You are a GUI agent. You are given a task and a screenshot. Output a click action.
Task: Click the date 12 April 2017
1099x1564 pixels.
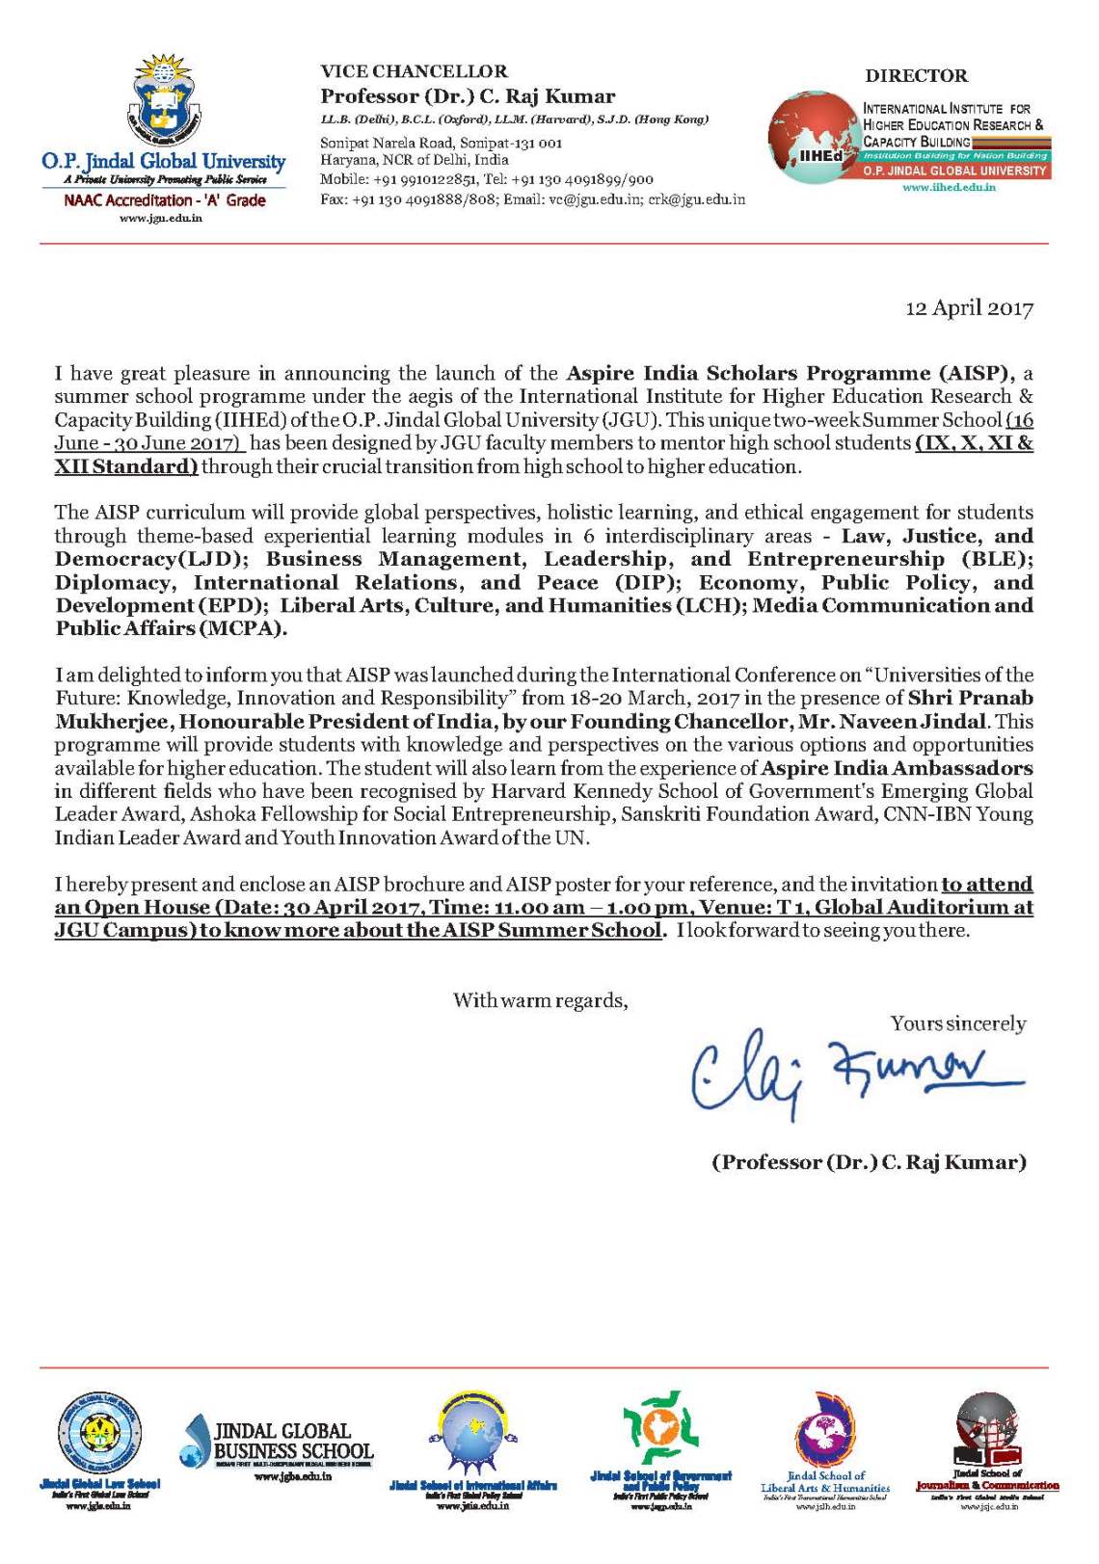point(969,308)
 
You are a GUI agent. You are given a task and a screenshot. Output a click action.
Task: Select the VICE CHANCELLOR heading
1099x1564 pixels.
point(414,71)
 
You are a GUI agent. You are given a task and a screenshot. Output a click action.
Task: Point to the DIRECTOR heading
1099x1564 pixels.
point(916,76)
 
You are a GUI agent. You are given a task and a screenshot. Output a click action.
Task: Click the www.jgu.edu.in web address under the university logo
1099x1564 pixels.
point(161,218)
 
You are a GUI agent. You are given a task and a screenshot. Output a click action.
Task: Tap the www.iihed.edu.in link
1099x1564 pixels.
point(949,187)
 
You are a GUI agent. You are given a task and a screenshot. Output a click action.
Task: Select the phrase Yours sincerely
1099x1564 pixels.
point(958,1023)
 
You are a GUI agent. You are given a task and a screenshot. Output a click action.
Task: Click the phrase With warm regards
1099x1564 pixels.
point(540,1000)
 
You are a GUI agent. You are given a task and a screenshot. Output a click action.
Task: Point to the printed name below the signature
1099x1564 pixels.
point(869,1162)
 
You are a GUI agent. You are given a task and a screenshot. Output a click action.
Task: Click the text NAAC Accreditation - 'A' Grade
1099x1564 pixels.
point(165,200)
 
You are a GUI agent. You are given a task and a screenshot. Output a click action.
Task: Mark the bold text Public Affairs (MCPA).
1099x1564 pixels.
point(172,629)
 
